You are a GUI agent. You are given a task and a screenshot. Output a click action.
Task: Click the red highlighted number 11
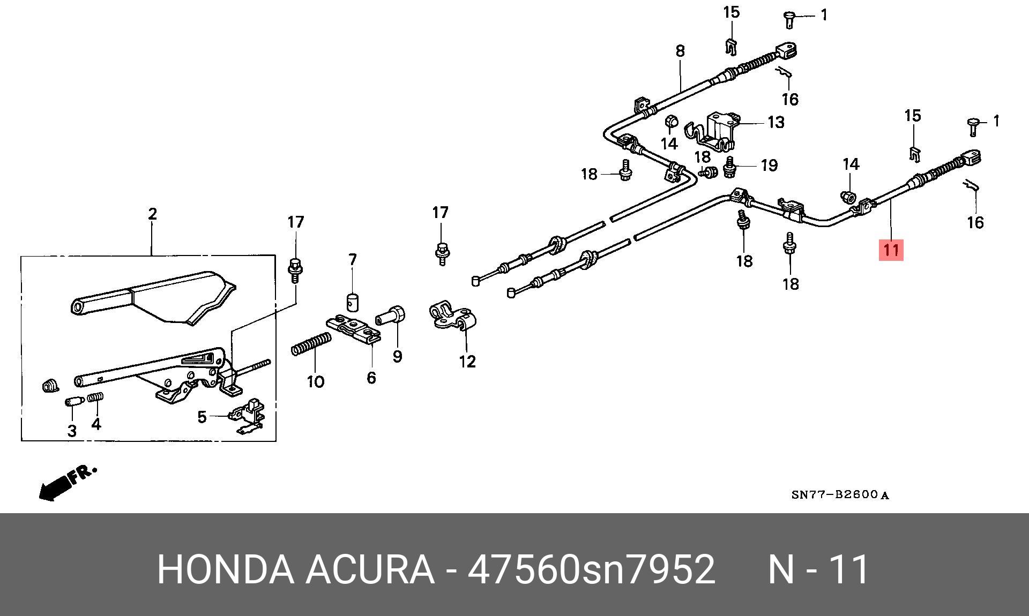pyautogui.click(x=891, y=250)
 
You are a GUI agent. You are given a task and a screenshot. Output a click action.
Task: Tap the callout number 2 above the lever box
pyautogui.click(x=152, y=214)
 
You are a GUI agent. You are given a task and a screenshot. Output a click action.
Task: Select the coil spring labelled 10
pyautogui.click(x=311, y=343)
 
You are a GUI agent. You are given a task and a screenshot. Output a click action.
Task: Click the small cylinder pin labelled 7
pyautogui.click(x=352, y=302)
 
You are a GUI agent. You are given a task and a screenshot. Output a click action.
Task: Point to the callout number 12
pyautogui.click(x=467, y=362)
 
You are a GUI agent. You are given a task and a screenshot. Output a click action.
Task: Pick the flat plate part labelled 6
pyautogui.click(x=354, y=328)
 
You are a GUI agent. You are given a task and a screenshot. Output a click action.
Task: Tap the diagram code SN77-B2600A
pyautogui.click(x=840, y=495)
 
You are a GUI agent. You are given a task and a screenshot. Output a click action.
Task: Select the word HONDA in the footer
pyautogui.click(x=226, y=569)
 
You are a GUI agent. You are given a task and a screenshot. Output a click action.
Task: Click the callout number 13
pyautogui.click(x=776, y=122)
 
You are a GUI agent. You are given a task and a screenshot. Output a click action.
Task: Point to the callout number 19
pyautogui.click(x=769, y=165)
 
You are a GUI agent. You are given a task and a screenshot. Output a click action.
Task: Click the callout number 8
pyautogui.click(x=680, y=51)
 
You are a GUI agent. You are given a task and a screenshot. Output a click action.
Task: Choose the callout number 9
pyautogui.click(x=397, y=357)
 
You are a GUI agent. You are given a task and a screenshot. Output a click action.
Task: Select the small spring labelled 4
pyautogui.click(x=96, y=398)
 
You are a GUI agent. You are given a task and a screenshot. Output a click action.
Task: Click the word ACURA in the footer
pyautogui.click(x=370, y=569)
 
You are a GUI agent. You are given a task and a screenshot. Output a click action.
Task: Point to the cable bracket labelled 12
pyautogui.click(x=452, y=317)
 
